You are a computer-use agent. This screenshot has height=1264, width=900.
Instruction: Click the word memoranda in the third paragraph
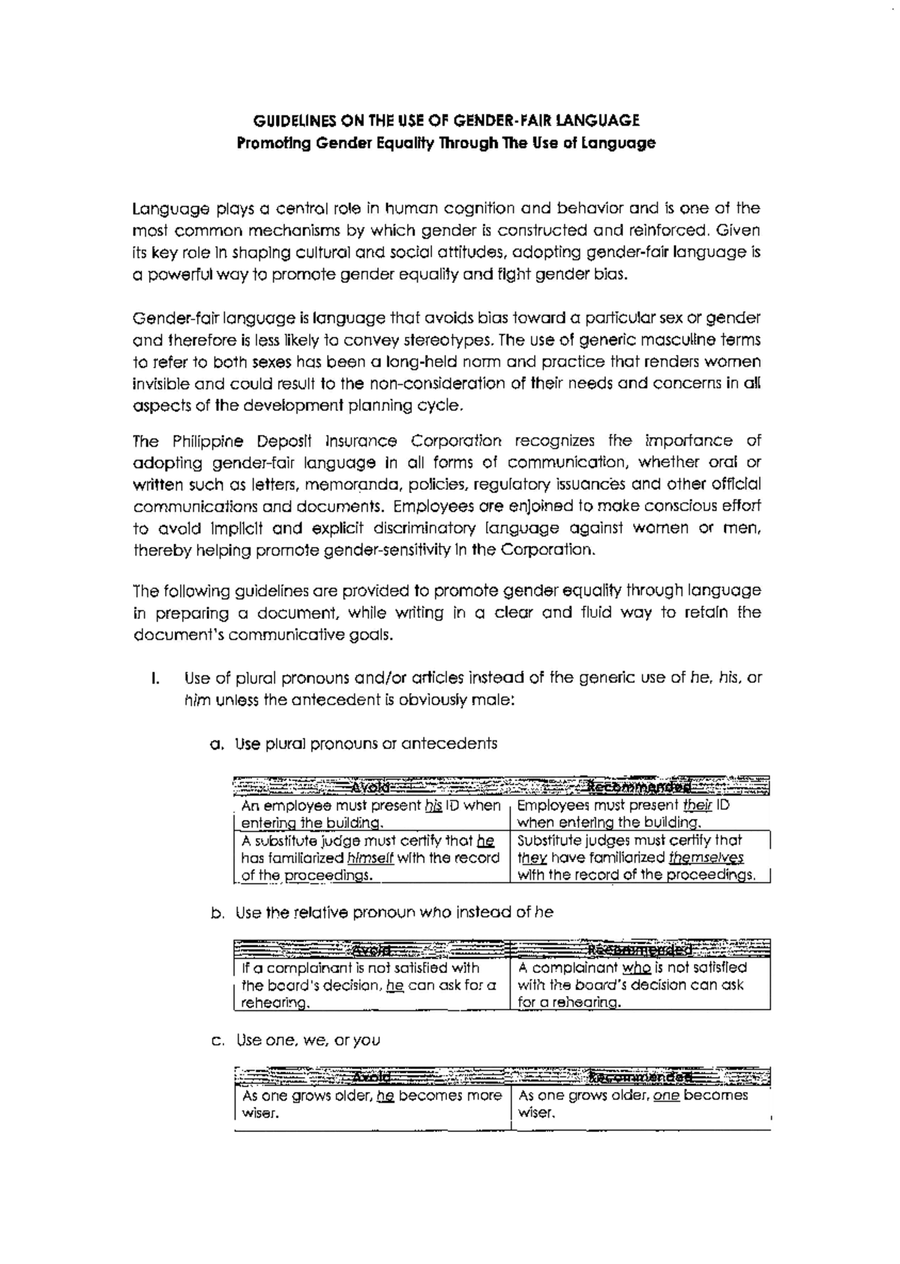tap(348, 485)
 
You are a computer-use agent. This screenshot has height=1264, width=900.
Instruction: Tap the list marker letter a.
tap(217, 745)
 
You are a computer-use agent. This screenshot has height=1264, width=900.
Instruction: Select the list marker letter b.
tap(217, 914)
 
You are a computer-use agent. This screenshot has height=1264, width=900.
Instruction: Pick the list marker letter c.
tap(217, 1041)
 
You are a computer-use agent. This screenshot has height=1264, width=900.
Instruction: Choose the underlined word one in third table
tap(666, 1096)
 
